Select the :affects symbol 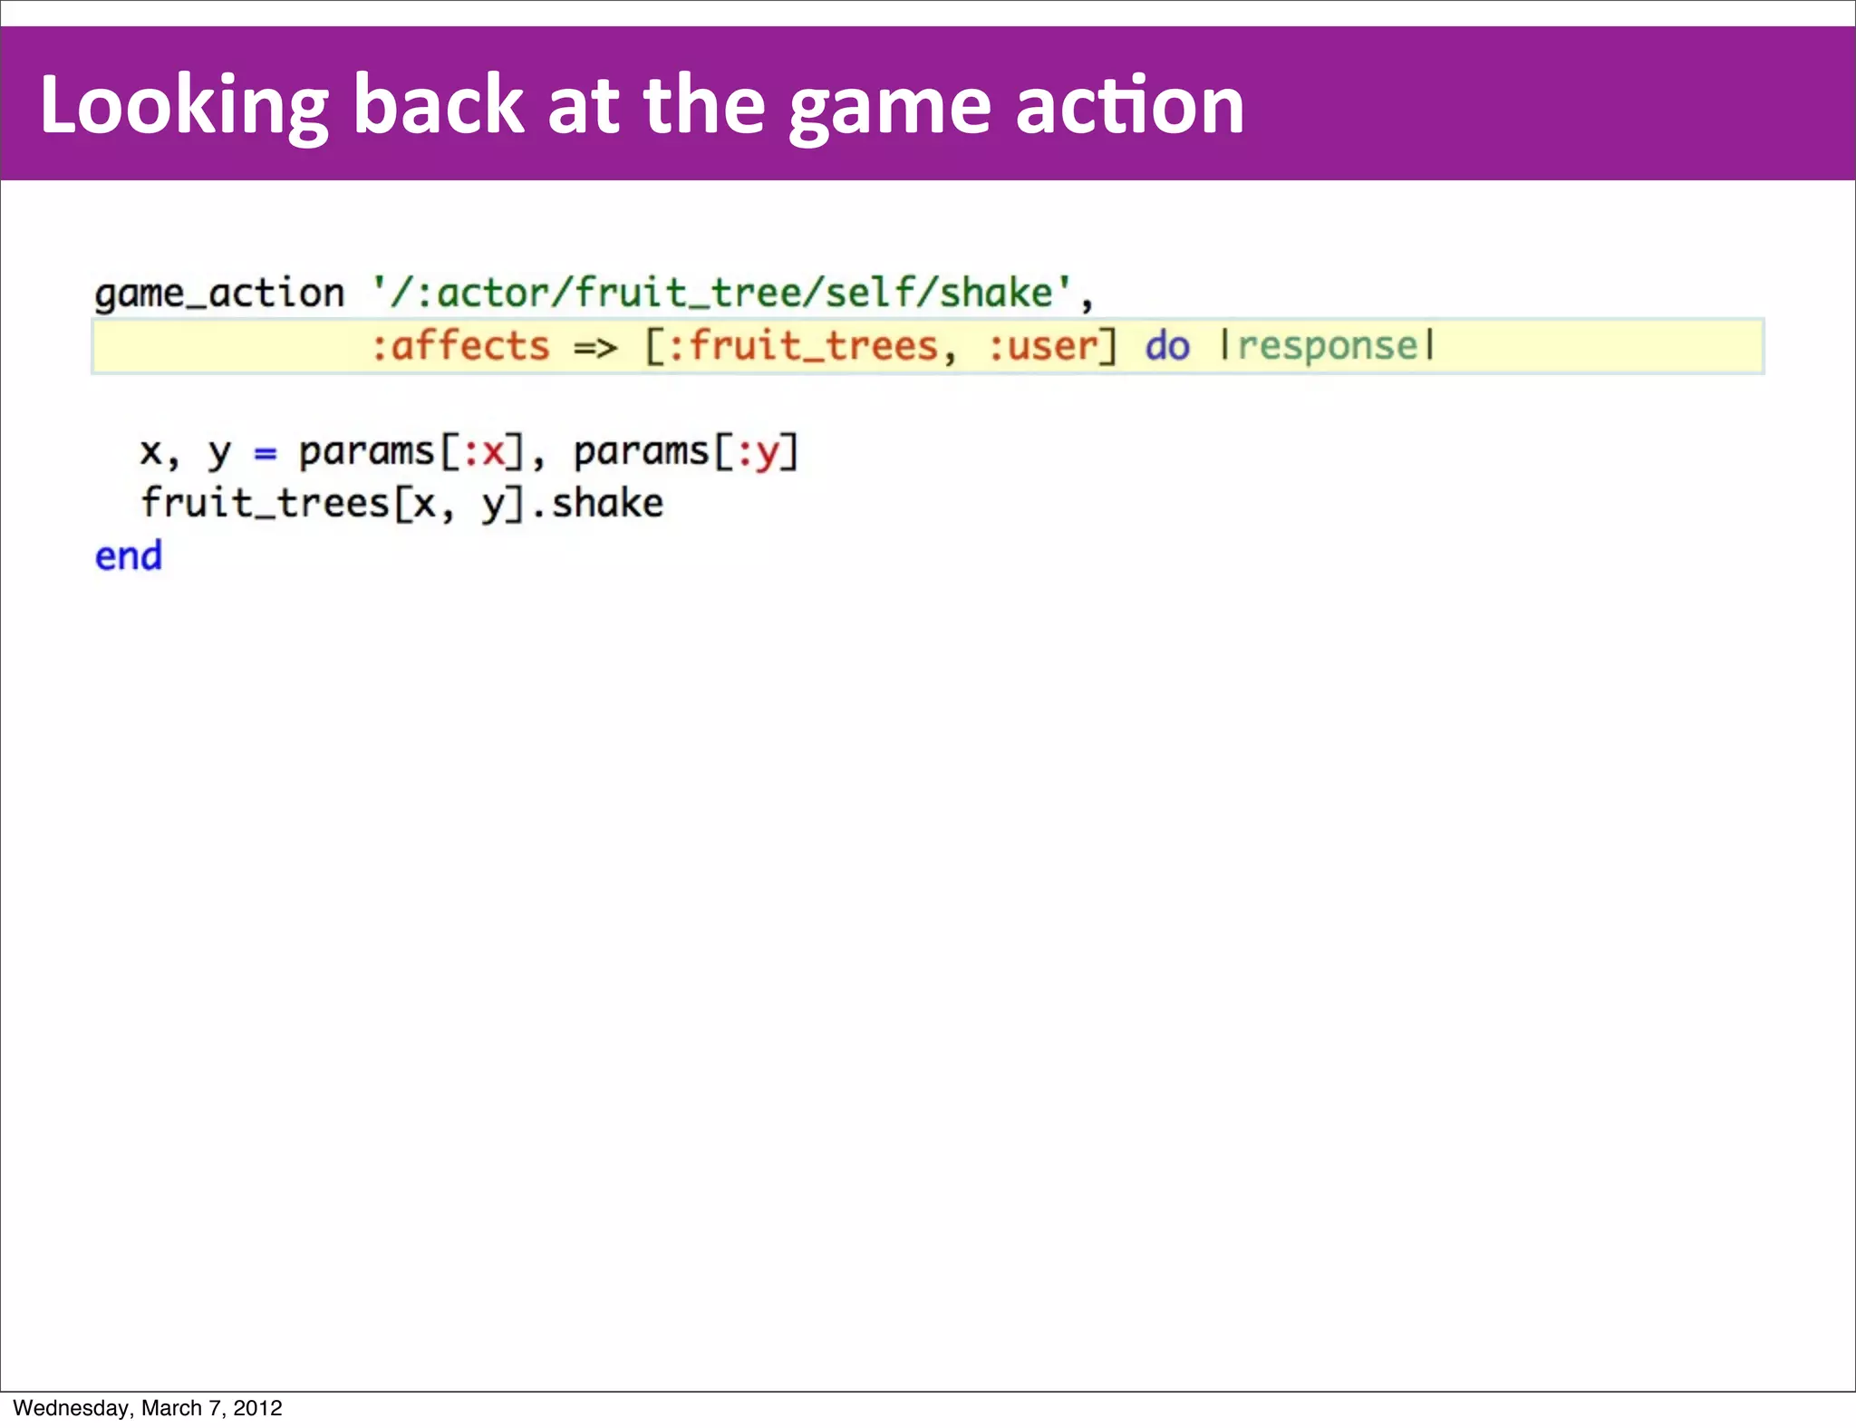460,346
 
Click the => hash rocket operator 595,346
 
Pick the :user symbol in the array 1043,346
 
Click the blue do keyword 1167,346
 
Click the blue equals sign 265,452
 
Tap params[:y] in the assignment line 686,452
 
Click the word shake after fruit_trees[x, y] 607,504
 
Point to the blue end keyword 129,555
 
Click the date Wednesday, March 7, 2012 148,1408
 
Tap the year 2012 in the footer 258,1408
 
